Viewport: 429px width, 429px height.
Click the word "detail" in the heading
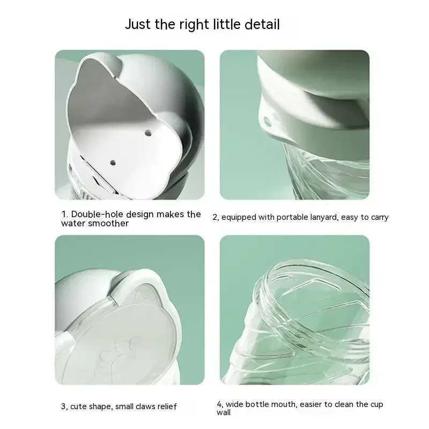point(262,24)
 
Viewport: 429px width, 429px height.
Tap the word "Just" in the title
point(138,24)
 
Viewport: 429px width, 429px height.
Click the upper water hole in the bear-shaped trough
point(148,133)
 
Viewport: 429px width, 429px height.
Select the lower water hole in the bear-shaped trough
point(113,163)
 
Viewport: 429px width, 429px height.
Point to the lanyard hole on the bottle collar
point(267,122)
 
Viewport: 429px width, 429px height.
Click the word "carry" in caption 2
point(380,218)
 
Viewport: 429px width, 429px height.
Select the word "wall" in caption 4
point(224,412)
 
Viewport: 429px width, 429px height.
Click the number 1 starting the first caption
point(64,214)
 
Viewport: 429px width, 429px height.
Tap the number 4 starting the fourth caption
point(220,404)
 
